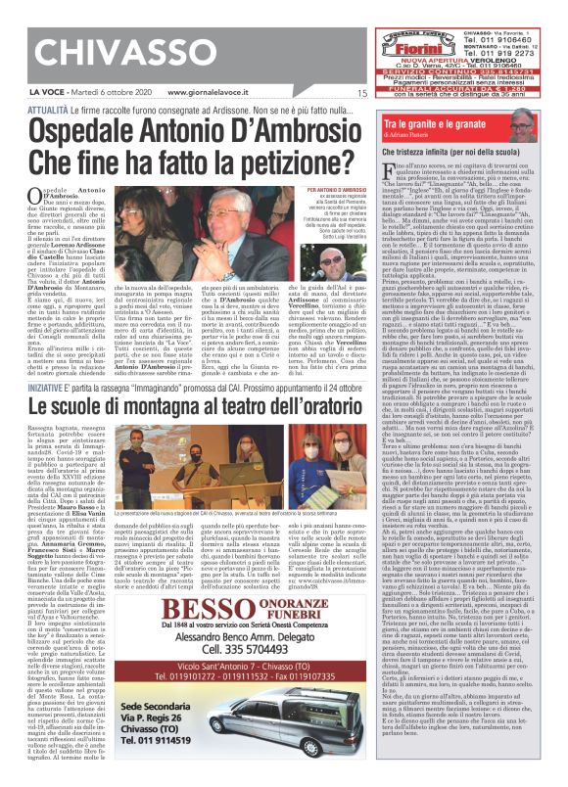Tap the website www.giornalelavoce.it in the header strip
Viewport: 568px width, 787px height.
tap(216, 93)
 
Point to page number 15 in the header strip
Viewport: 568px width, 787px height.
tap(361, 94)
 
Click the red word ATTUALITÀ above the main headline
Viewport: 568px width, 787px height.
tap(47, 113)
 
